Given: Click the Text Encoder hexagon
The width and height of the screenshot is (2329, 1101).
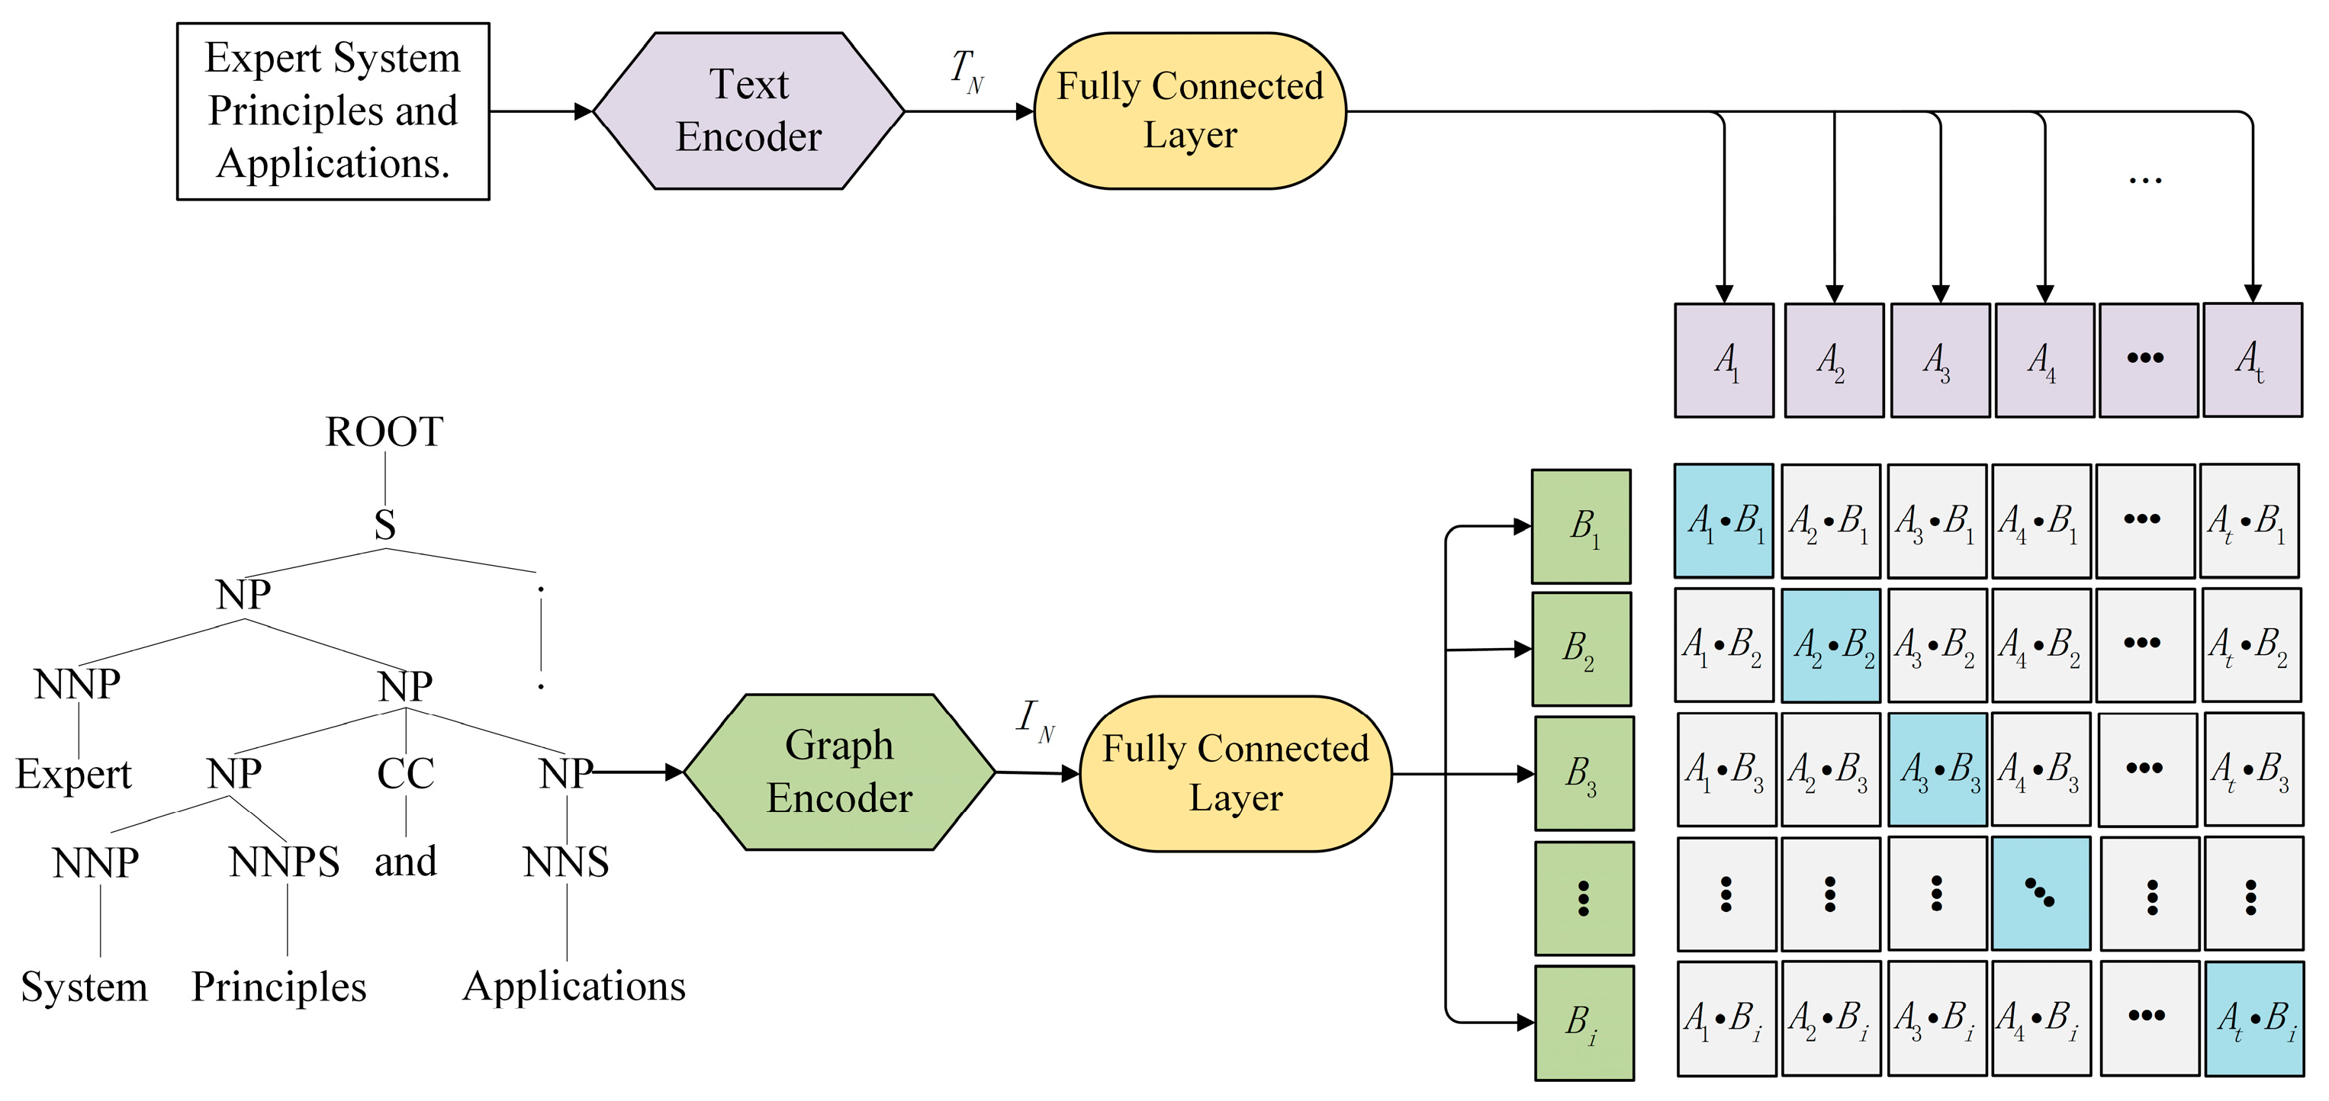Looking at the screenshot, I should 748,111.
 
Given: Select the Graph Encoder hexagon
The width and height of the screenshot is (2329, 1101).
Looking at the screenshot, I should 839,772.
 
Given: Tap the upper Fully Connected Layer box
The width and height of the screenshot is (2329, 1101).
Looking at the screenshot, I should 1190,111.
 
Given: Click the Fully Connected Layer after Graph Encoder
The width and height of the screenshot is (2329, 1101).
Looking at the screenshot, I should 1235,774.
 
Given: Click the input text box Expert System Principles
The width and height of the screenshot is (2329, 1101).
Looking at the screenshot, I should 333,111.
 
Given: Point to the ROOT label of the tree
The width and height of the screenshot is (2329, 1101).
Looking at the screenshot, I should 384,432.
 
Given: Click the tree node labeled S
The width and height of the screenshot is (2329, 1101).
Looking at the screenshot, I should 385,525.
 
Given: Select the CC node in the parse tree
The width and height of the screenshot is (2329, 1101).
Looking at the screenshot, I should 405,774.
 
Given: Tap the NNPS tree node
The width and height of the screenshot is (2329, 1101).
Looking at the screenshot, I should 284,862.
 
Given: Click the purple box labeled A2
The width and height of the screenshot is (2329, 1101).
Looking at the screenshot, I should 1834,361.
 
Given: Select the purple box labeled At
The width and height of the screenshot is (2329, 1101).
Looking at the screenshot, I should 2252,361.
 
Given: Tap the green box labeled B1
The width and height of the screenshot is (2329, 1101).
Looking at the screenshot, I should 1581,526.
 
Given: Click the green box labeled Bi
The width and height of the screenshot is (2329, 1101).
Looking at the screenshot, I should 1584,1022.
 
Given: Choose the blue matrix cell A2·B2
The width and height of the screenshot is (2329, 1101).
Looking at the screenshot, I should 1831,645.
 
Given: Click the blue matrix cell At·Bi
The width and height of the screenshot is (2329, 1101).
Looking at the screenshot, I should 2254,1019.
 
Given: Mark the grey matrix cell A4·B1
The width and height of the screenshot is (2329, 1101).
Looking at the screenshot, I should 2041,522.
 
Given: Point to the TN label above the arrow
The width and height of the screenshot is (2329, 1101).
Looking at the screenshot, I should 967,70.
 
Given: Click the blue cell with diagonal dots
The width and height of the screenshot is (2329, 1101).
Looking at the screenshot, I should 2041,893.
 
